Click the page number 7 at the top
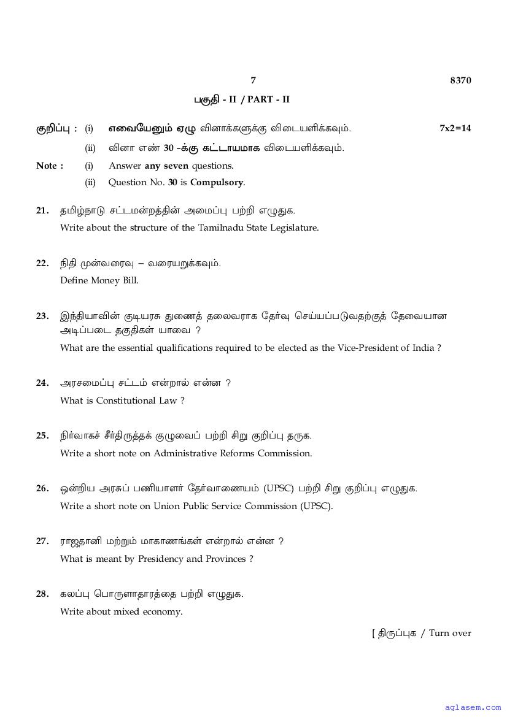tap(253, 80)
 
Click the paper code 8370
tap(460, 80)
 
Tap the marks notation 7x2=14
tap(455, 128)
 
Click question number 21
tap(42, 210)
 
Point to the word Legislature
tap(295, 228)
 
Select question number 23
tap(42, 316)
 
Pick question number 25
tap(42, 436)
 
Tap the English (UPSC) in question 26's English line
tap(316, 506)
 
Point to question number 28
tap(42, 594)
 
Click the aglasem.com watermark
tap(471, 707)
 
